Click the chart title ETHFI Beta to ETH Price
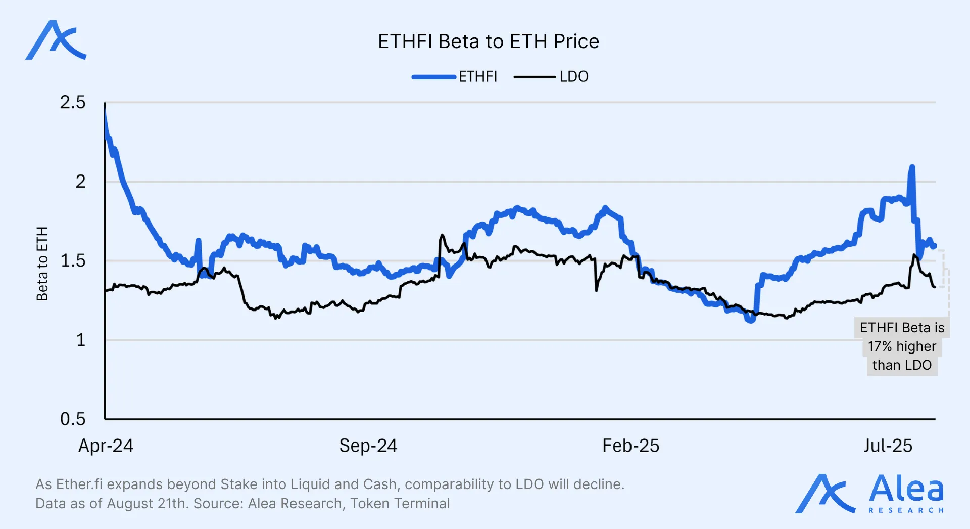488,41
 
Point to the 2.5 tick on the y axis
73,103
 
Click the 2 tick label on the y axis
80,182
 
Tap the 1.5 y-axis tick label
73,261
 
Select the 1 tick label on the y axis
80,340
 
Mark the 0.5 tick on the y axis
73,419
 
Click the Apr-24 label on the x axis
106,446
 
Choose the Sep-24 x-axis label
368,446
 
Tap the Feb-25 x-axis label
630,446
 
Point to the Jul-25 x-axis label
888,446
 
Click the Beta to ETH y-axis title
42,263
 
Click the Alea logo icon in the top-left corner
56,40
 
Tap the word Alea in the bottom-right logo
906,489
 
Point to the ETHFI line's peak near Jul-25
912,166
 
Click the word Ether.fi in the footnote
79,484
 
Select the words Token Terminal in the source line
400,504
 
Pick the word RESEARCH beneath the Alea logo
906,510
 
